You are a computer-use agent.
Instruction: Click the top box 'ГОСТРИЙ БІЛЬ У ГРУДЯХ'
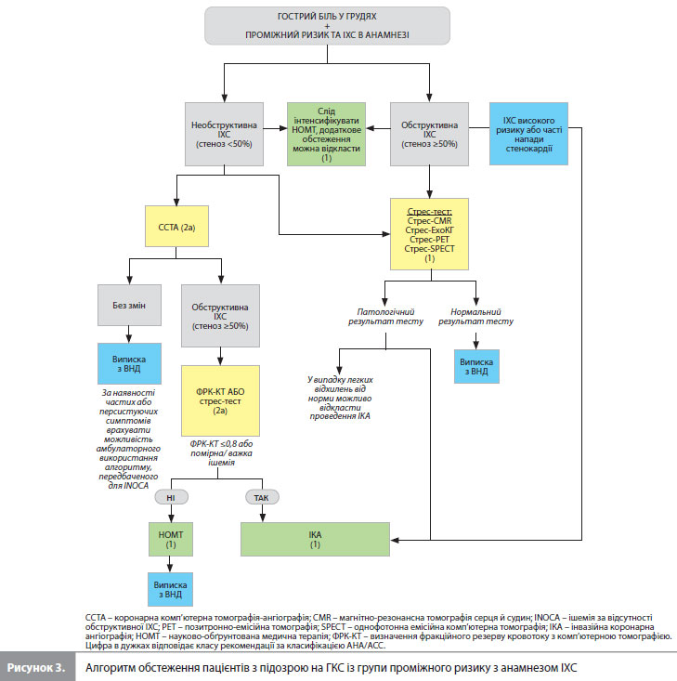click(x=327, y=26)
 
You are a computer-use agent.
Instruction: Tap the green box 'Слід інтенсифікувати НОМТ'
click(x=326, y=133)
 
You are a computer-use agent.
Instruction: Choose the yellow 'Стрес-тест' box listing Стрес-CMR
click(x=429, y=231)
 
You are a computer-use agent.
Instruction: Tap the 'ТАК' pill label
click(x=261, y=498)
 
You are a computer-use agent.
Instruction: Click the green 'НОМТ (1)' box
click(x=170, y=539)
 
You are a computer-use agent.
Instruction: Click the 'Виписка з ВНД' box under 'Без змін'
click(x=130, y=363)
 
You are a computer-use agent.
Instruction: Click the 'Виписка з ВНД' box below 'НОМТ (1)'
click(x=170, y=590)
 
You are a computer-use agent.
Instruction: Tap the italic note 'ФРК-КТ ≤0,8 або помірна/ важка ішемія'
click(x=220, y=457)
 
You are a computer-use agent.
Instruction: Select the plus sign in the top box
click(x=327, y=25)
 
